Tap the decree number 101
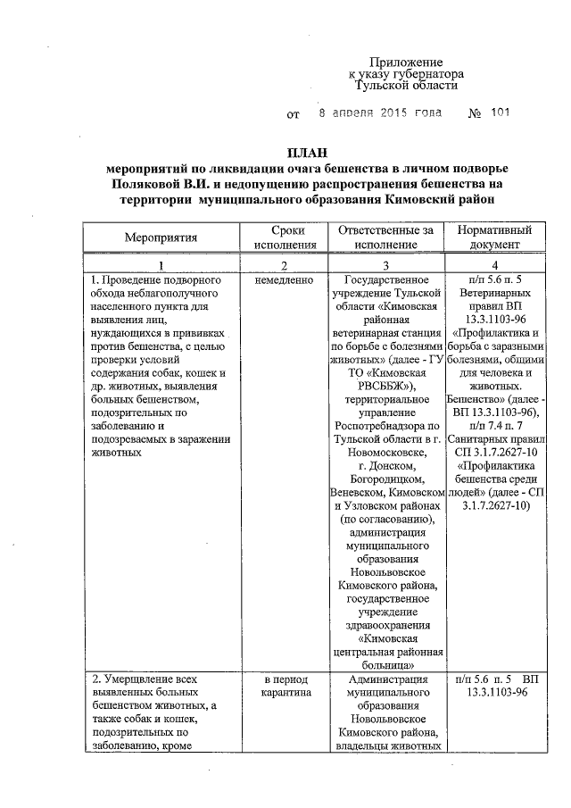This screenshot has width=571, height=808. [x=501, y=114]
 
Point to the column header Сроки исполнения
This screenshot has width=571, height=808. [x=283, y=237]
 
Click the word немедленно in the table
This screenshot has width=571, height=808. [x=283, y=280]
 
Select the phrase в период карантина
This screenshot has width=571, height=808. [x=283, y=687]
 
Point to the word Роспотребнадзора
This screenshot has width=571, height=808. [x=386, y=428]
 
